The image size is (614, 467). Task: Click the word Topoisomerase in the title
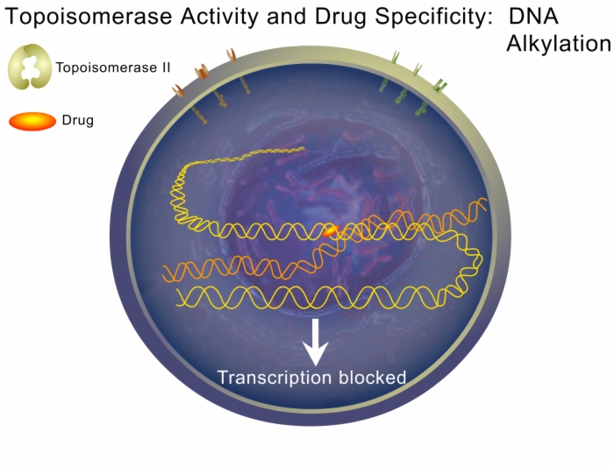pos(89,17)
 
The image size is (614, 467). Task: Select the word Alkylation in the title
pos(559,44)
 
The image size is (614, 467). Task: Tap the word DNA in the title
pos(533,17)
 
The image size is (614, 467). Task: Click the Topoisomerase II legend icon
pos(30,67)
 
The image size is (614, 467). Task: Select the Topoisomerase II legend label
pos(113,67)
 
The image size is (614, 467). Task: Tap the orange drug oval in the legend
pos(32,121)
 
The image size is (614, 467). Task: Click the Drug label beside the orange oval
pos(78,120)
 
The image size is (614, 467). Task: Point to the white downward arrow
pos(315,342)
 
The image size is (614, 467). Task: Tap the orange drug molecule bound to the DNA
pos(331,230)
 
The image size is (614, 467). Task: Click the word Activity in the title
pos(219,18)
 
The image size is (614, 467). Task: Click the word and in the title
pos(287,17)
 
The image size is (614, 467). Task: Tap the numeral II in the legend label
pos(166,67)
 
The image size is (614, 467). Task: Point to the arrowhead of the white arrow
pos(315,354)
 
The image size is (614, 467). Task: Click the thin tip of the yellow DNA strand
pos(303,148)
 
